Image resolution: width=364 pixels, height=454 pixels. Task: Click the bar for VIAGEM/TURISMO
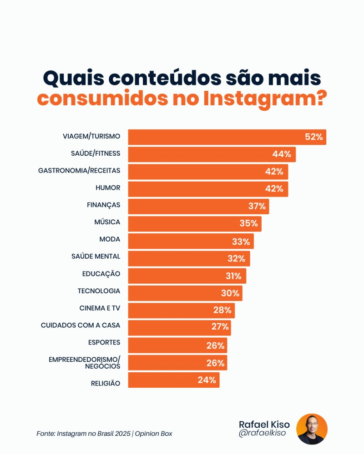(218, 137)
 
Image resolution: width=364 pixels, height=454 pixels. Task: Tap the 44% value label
(282, 154)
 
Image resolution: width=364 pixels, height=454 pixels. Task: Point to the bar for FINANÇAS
(191, 206)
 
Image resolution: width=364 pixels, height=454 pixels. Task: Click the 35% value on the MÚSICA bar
(248, 223)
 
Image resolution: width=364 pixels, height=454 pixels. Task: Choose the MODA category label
(110, 239)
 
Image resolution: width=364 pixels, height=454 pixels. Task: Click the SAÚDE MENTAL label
(96, 257)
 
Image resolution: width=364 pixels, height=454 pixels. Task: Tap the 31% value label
(233, 276)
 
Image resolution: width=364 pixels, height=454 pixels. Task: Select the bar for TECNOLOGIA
(177, 293)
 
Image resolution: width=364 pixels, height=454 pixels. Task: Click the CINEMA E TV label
(100, 308)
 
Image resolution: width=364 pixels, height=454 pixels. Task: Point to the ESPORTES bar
(168, 345)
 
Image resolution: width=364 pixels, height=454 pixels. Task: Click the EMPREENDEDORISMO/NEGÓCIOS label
(84, 362)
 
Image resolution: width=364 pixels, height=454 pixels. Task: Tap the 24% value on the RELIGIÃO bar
(207, 380)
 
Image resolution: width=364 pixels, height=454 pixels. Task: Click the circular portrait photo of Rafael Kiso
(312, 429)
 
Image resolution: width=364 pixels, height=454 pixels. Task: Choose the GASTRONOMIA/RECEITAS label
(79, 171)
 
